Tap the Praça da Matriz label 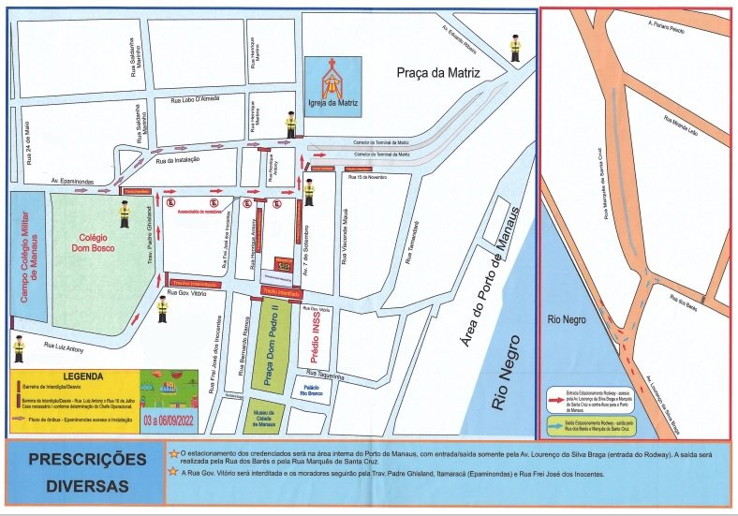coord(437,72)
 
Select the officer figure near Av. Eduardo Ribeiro coord(514,48)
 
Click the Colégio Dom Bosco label coord(97,244)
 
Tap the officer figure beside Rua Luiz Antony coord(19,349)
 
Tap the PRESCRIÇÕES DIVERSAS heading coord(87,473)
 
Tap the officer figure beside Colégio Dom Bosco coord(124,214)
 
